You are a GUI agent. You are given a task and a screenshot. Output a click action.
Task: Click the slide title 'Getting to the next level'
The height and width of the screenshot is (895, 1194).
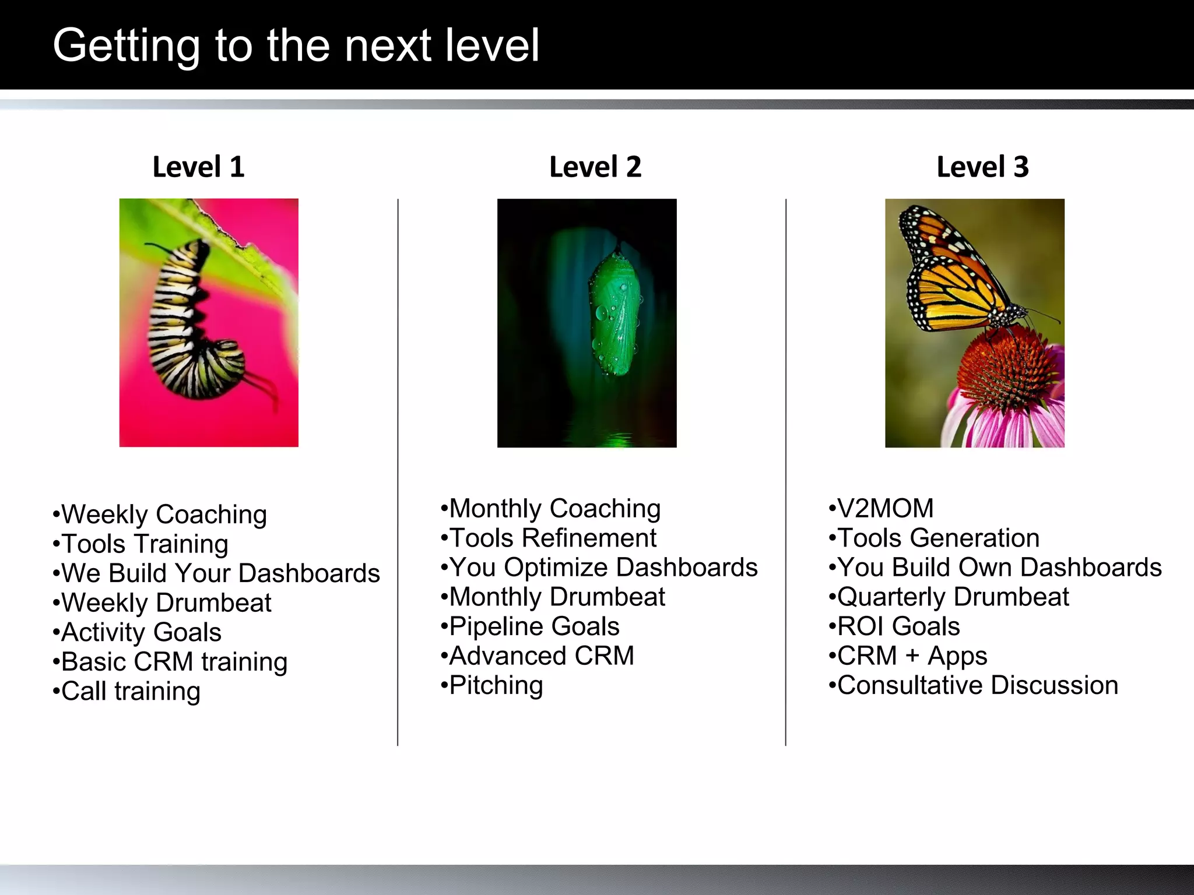tap(296, 45)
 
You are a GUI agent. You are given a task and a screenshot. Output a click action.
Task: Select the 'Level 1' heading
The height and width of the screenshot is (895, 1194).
tap(198, 167)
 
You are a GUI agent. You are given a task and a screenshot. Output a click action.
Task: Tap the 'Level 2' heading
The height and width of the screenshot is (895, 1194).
tap(595, 167)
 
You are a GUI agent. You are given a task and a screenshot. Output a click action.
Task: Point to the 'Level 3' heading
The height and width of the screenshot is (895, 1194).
tap(982, 167)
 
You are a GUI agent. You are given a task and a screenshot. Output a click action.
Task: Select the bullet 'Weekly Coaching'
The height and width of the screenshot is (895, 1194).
tap(163, 515)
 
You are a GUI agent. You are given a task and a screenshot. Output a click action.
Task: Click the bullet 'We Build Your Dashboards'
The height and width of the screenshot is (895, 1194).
tap(220, 573)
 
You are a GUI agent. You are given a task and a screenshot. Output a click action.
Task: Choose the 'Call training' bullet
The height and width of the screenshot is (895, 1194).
tap(131, 692)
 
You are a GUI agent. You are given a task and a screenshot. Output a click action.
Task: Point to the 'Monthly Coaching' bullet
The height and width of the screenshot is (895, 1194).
tap(554, 509)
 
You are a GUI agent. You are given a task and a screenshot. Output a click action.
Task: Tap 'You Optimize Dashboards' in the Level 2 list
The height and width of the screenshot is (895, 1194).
tap(603, 568)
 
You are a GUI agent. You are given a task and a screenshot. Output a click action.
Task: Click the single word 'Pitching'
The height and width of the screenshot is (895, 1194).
tap(496, 685)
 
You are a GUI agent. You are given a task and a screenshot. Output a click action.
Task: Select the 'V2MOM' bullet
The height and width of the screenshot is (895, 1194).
tap(884, 509)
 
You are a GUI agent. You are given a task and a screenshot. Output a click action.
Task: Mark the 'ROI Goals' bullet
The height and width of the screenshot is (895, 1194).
tap(898, 626)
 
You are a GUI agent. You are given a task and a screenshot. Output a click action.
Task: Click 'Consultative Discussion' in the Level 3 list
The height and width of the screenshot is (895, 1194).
tap(977, 685)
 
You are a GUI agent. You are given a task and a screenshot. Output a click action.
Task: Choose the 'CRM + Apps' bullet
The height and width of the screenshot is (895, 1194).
tap(912, 656)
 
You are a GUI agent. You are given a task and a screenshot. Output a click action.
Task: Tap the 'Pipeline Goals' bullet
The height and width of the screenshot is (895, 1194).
tap(533, 626)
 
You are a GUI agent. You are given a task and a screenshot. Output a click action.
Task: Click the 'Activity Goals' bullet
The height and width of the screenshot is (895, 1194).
tap(141, 633)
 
